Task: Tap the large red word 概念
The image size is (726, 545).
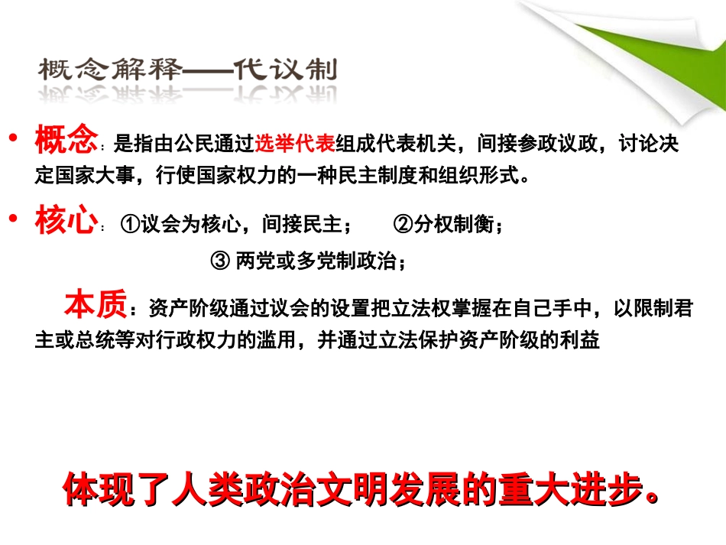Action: (x=66, y=141)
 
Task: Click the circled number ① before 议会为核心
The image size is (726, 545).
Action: (x=129, y=225)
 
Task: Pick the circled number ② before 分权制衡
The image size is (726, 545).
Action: (x=403, y=225)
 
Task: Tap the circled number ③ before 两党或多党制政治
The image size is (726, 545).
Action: (x=219, y=261)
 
